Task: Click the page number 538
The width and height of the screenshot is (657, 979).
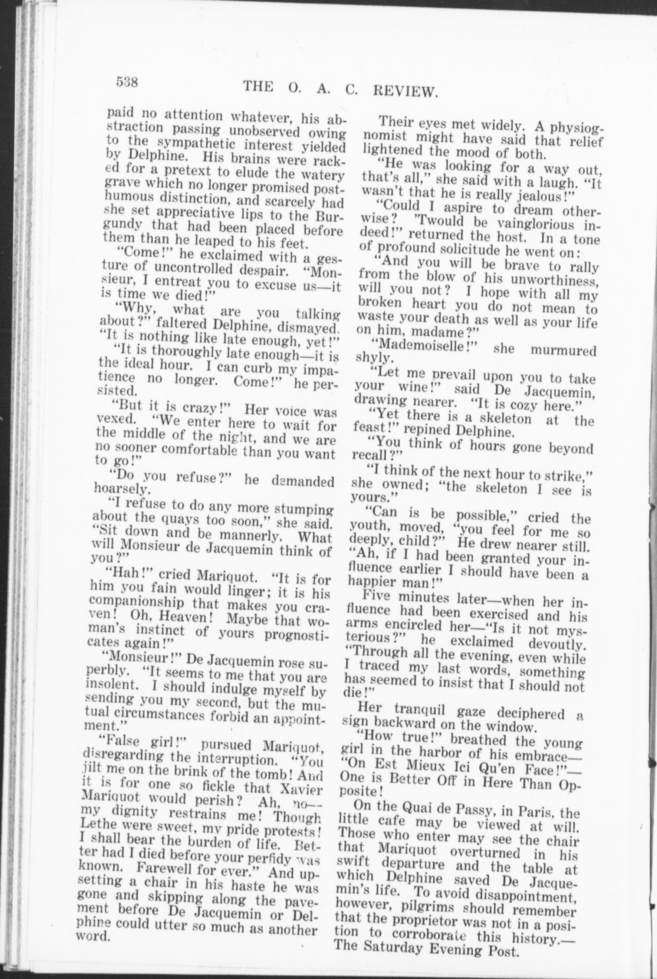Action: (127, 82)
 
